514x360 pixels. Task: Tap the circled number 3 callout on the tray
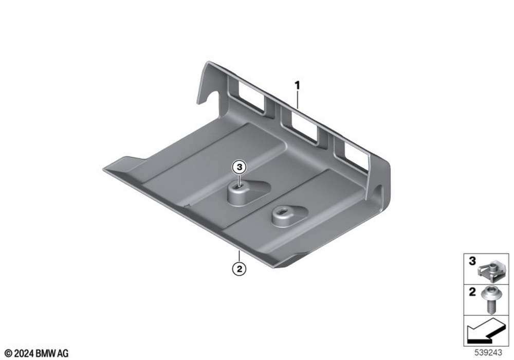[240, 167]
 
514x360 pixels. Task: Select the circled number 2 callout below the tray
[240, 269]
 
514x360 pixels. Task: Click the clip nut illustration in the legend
[489, 270]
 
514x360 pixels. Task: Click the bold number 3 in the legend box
[472, 261]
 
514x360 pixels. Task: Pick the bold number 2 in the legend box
[472, 292]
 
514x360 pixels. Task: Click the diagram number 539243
[488, 352]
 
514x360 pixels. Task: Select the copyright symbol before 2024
[9, 353]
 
